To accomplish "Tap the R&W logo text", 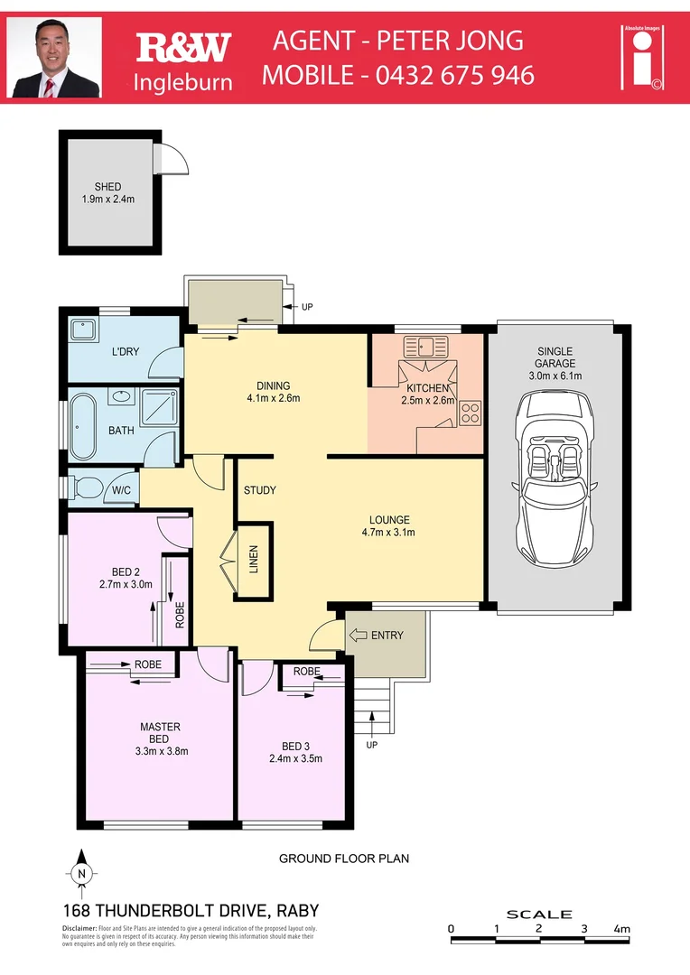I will click(x=183, y=47).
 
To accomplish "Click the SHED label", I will click(x=107, y=187).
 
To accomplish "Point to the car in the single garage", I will click(x=555, y=477).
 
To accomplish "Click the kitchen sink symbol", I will click(x=424, y=346).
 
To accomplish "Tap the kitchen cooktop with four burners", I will click(x=470, y=413).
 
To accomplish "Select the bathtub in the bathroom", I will click(x=84, y=426).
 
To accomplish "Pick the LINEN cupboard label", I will click(x=254, y=560).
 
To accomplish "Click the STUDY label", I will click(x=259, y=491).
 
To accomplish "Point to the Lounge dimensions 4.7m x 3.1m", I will click(x=389, y=533).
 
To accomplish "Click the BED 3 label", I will click(x=295, y=746).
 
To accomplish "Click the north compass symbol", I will click(x=81, y=872).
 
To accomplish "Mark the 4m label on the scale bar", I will click(x=621, y=928).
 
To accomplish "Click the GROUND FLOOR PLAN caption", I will click(x=343, y=859).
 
